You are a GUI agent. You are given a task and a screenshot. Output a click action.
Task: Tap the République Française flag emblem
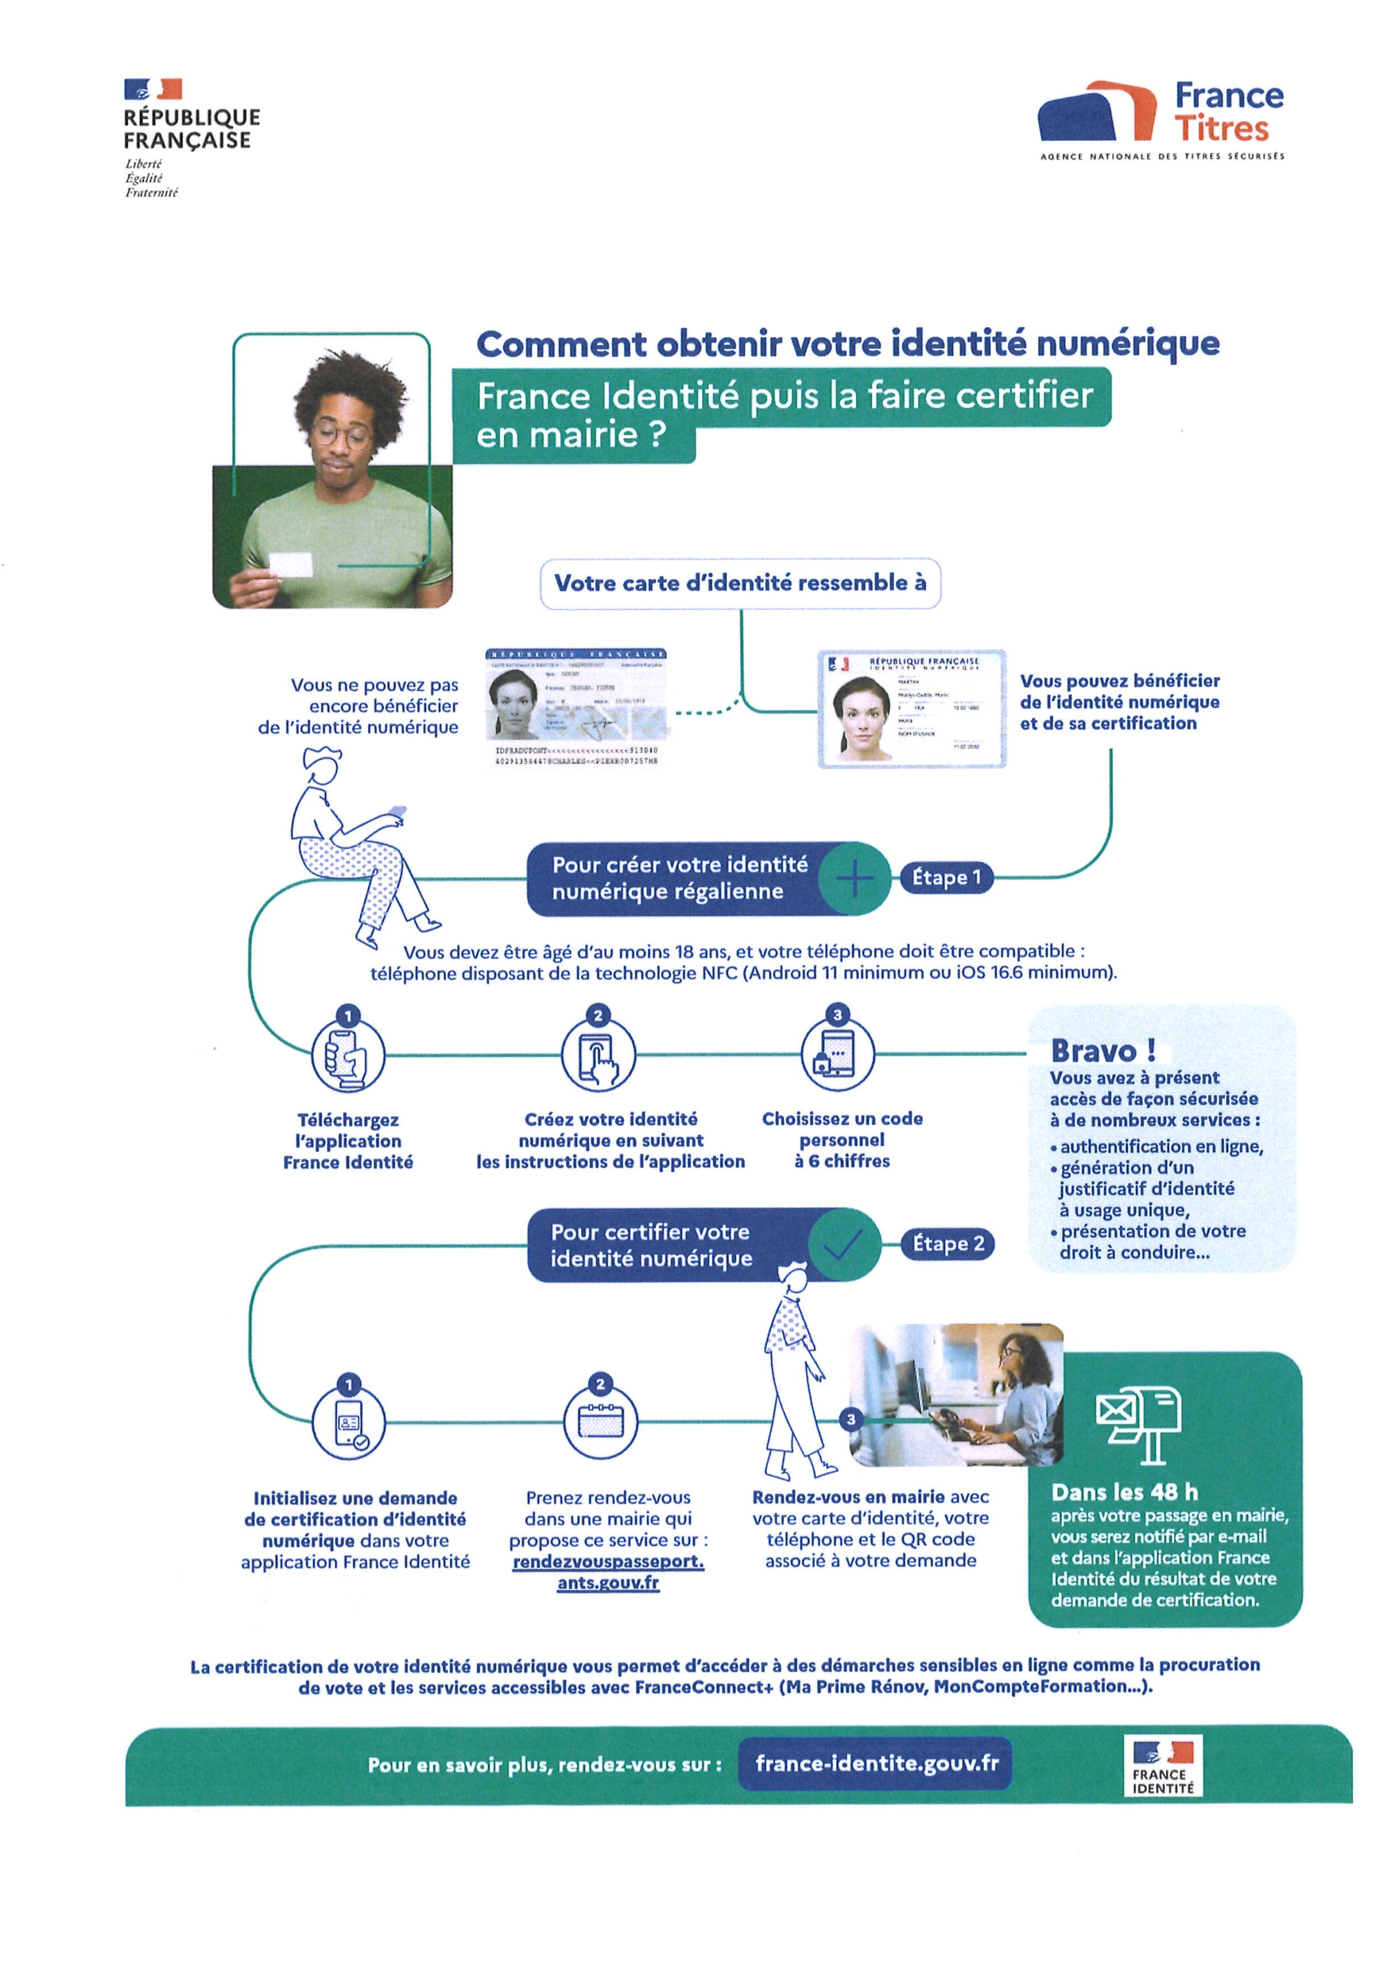153,89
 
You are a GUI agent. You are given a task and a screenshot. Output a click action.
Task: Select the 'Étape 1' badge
946,877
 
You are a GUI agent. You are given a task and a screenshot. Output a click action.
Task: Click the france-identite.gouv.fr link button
876,1763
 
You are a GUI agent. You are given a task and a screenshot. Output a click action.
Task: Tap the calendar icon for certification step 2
600,1422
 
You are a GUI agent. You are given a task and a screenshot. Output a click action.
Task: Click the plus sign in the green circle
855,879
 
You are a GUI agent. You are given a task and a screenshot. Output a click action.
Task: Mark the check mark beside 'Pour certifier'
843,1245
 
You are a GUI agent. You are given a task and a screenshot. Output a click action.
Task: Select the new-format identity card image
911,709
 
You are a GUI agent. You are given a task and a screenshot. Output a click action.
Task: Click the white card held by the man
291,565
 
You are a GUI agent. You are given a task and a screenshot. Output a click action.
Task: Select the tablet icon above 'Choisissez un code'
837,1054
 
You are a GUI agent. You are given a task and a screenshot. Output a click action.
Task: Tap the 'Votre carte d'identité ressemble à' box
740,584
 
